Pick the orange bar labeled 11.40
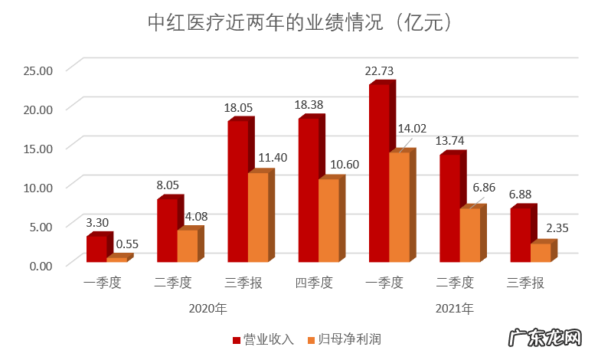pyautogui.click(x=258, y=218)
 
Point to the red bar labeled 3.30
pyautogui.click(x=96, y=250)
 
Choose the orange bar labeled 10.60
pyautogui.click(x=328, y=221)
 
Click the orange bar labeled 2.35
pyautogui.click(x=541, y=254)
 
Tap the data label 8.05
pyautogui.click(x=168, y=185)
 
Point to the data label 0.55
pyautogui.click(x=127, y=244)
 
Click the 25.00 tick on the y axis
pyautogui.click(x=37, y=70)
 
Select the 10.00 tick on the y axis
pyautogui.click(x=37, y=188)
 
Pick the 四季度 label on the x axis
pyautogui.click(x=314, y=283)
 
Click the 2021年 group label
pyautogui.click(x=455, y=309)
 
